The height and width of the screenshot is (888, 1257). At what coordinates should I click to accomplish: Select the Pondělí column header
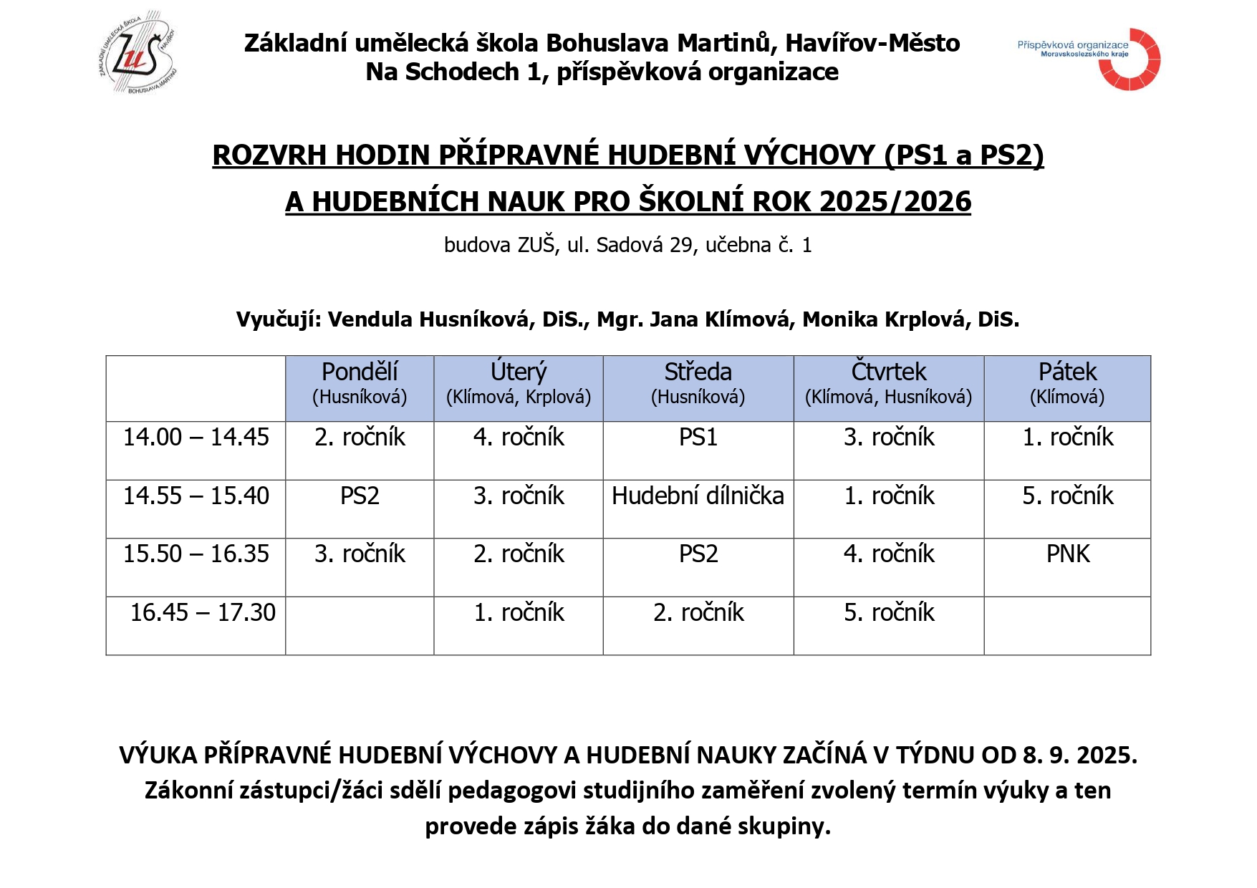coord(360,387)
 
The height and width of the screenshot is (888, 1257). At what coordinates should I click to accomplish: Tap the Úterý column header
coord(518,387)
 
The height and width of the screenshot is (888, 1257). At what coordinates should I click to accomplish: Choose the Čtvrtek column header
coord(888,387)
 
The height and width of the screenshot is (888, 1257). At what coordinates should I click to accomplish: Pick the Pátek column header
coord(1067,387)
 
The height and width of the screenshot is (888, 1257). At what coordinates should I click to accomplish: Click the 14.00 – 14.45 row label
coord(196,438)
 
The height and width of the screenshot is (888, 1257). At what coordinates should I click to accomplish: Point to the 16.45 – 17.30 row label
coord(203,613)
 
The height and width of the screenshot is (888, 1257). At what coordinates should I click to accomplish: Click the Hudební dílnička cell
coord(698,496)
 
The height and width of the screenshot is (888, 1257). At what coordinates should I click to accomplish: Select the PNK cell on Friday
coord(1067,554)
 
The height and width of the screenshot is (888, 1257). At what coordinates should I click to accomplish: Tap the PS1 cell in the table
coord(698,438)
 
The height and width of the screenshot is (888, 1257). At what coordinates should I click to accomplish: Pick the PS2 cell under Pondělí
coord(360,496)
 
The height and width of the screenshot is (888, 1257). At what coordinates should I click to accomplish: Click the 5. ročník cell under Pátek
coord(1067,496)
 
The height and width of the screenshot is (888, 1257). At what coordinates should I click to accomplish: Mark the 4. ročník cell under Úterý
coord(518,438)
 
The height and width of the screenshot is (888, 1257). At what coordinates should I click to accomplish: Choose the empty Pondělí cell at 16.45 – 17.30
coord(360,626)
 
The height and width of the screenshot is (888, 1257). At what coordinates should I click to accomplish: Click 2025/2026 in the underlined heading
coord(895,202)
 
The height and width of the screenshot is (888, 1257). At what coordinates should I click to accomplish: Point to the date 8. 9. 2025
coord(1079,756)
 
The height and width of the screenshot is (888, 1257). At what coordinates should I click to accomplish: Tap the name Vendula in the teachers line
coord(370,319)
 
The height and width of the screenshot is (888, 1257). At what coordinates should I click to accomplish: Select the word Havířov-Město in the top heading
coord(872,44)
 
